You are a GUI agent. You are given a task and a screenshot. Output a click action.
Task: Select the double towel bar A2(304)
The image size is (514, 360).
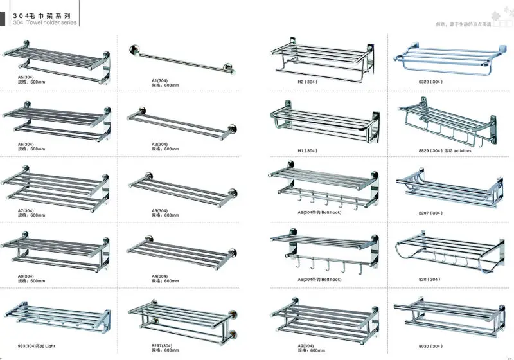[x=180, y=123]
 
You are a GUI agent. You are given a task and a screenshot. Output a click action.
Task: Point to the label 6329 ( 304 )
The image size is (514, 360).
[x=431, y=82]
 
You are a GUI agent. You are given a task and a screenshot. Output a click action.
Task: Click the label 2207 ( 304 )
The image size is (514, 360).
[x=431, y=213]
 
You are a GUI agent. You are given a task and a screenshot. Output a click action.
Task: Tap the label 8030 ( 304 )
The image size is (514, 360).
[x=431, y=346]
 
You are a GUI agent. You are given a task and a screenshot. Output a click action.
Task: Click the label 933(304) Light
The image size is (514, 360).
[x=35, y=346]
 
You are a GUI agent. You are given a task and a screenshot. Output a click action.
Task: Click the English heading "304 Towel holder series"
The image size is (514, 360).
[x=44, y=22]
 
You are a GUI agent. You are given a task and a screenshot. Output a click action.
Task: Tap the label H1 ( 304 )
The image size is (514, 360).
[x=307, y=150]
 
